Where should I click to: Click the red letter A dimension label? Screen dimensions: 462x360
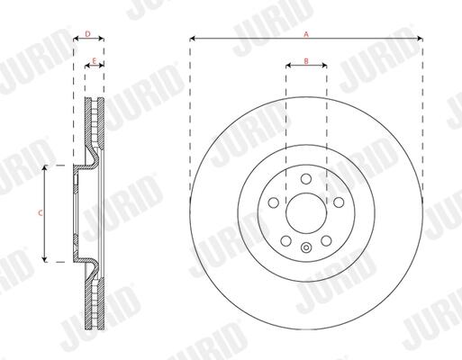[306, 34]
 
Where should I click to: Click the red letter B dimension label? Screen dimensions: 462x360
[306, 61]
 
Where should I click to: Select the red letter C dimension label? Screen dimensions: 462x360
[41, 213]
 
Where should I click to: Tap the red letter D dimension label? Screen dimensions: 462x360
[87, 34]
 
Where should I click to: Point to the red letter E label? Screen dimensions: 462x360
[94, 61]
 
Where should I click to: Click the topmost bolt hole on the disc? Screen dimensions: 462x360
[306, 179]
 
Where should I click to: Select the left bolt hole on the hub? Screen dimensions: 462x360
[273, 202]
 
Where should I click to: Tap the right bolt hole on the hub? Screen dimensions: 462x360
[339, 202]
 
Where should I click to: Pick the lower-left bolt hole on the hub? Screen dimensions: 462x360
[285, 240]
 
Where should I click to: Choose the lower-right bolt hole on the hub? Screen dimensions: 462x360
[326, 240]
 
